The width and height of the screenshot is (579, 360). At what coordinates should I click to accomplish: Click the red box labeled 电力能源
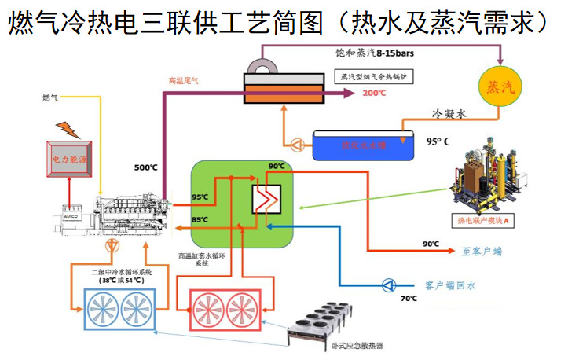point(69,157)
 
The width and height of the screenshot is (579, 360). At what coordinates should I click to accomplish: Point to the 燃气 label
point(49,98)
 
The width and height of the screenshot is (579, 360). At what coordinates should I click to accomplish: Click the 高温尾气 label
point(184,80)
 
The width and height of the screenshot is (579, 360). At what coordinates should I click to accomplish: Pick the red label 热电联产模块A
point(482,221)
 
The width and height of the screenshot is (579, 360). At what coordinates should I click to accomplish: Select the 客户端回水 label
point(449,286)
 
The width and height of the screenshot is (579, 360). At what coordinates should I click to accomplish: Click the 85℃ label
point(200,219)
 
